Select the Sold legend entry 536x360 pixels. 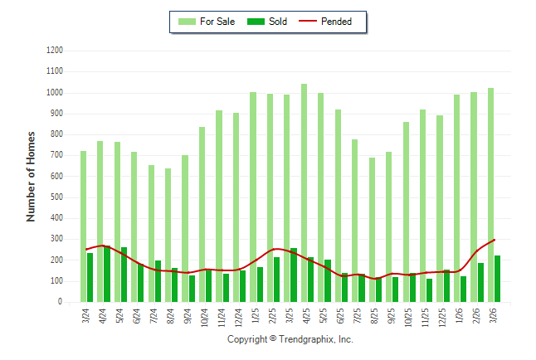(x=268, y=22)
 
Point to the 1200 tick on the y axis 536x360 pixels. (x=54, y=51)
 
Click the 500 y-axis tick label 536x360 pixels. (x=56, y=197)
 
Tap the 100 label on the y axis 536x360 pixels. (x=56, y=281)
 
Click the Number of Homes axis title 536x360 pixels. (x=31, y=176)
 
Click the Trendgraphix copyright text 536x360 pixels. (x=290, y=339)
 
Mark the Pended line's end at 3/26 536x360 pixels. (x=495, y=240)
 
